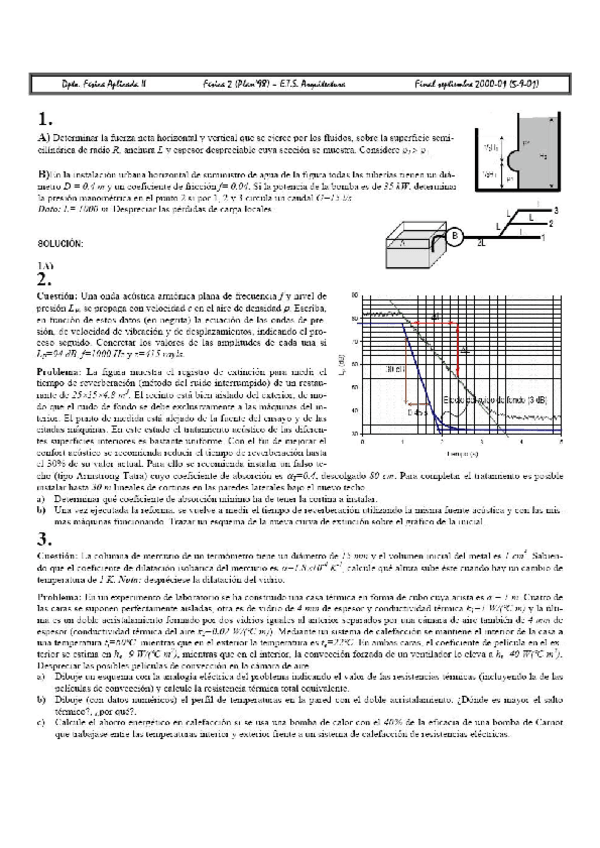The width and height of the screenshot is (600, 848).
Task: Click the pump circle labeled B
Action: pyautogui.click(x=454, y=236)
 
